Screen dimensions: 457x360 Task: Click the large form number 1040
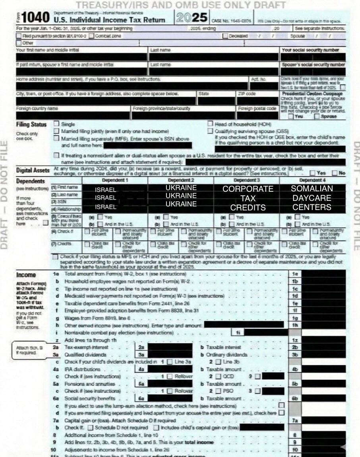tap(35, 18)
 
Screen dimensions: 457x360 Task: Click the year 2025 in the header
tap(192, 17)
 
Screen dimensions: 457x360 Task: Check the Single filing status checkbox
tap(56, 124)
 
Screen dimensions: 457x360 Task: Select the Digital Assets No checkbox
tap(335, 173)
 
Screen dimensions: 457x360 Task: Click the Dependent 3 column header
tap(246, 180)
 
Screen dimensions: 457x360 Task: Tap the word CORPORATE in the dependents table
tap(248, 189)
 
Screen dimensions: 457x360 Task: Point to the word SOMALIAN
tap(312, 189)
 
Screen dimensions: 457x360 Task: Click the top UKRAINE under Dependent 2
tap(181, 187)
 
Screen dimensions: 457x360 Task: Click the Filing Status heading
tap(31, 124)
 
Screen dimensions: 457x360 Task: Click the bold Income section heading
tap(26, 275)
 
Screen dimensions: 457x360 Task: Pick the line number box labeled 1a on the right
tap(294, 274)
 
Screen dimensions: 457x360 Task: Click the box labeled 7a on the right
tap(294, 420)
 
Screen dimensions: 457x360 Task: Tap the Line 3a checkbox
tap(170, 362)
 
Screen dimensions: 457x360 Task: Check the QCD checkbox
tap(218, 376)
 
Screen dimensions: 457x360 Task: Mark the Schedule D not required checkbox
tap(91, 428)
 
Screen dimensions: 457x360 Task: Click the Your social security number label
tap(310, 50)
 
